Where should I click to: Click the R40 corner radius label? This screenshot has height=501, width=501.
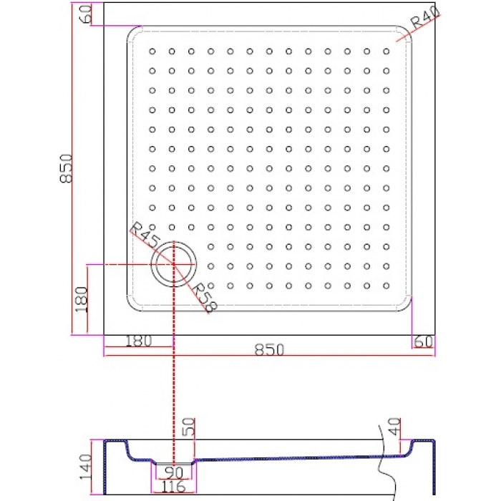tap(425, 18)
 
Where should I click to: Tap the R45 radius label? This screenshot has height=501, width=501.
tap(145, 234)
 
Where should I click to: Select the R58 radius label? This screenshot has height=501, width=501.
tap(205, 297)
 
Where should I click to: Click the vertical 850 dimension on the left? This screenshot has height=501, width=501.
tap(66, 168)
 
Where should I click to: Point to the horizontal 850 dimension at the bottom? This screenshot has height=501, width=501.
tap(269, 350)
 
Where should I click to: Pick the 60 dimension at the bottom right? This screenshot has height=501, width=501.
tap(424, 341)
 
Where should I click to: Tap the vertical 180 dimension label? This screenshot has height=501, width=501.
tap(81, 299)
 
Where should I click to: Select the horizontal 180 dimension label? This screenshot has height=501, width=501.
tap(138, 341)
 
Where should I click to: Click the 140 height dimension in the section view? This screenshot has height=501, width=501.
tap(85, 467)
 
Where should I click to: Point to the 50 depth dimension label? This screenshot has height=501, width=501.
tap(188, 427)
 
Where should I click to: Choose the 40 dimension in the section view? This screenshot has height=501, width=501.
tap(394, 427)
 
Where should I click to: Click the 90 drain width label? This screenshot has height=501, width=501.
tap(175, 472)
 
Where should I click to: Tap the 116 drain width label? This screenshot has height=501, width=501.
tap(173, 487)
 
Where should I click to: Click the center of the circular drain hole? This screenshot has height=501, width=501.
tap(173, 264)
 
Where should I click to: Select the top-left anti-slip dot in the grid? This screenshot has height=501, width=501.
tap(152, 51)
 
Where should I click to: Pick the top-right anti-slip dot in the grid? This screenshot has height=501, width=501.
tap(386, 51)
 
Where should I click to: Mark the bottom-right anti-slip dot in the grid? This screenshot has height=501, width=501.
tap(386, 286)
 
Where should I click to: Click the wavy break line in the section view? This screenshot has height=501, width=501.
tap(386, 463)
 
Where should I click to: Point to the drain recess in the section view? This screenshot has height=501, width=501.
tap(174, 462)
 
